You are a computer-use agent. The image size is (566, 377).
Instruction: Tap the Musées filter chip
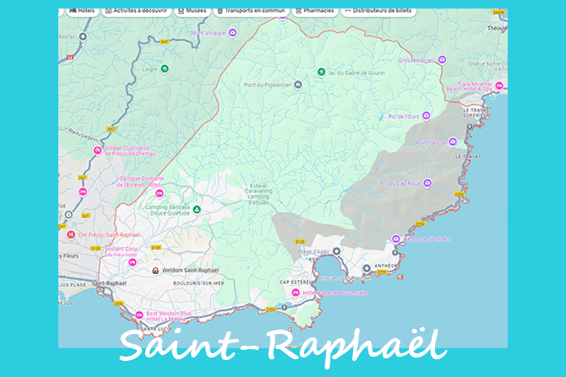[x=191, y=12]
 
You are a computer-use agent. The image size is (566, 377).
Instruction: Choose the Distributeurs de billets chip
[x=378, y=12]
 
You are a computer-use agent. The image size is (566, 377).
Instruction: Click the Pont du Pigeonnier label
[x=267, y=85]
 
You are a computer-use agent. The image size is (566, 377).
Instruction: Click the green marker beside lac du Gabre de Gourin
[x=320, y=72]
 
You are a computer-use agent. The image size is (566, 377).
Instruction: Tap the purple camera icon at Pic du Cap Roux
[x=427, y=183]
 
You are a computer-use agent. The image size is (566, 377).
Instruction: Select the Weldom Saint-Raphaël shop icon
[x=155, y=270]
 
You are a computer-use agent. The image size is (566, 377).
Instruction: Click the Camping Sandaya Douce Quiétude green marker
[x=197, y=208]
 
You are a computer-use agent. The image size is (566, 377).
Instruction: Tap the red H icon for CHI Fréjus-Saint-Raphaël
[x=70, y=234]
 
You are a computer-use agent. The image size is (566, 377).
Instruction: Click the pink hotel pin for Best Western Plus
[x=139, y=318]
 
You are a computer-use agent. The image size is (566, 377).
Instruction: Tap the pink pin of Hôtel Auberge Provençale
[x=295, y=292]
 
